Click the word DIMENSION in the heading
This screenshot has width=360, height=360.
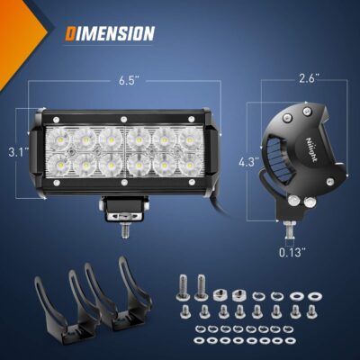[109, 34]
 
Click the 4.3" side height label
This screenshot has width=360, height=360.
[247, 163]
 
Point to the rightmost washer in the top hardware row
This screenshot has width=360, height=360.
[316, 295]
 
